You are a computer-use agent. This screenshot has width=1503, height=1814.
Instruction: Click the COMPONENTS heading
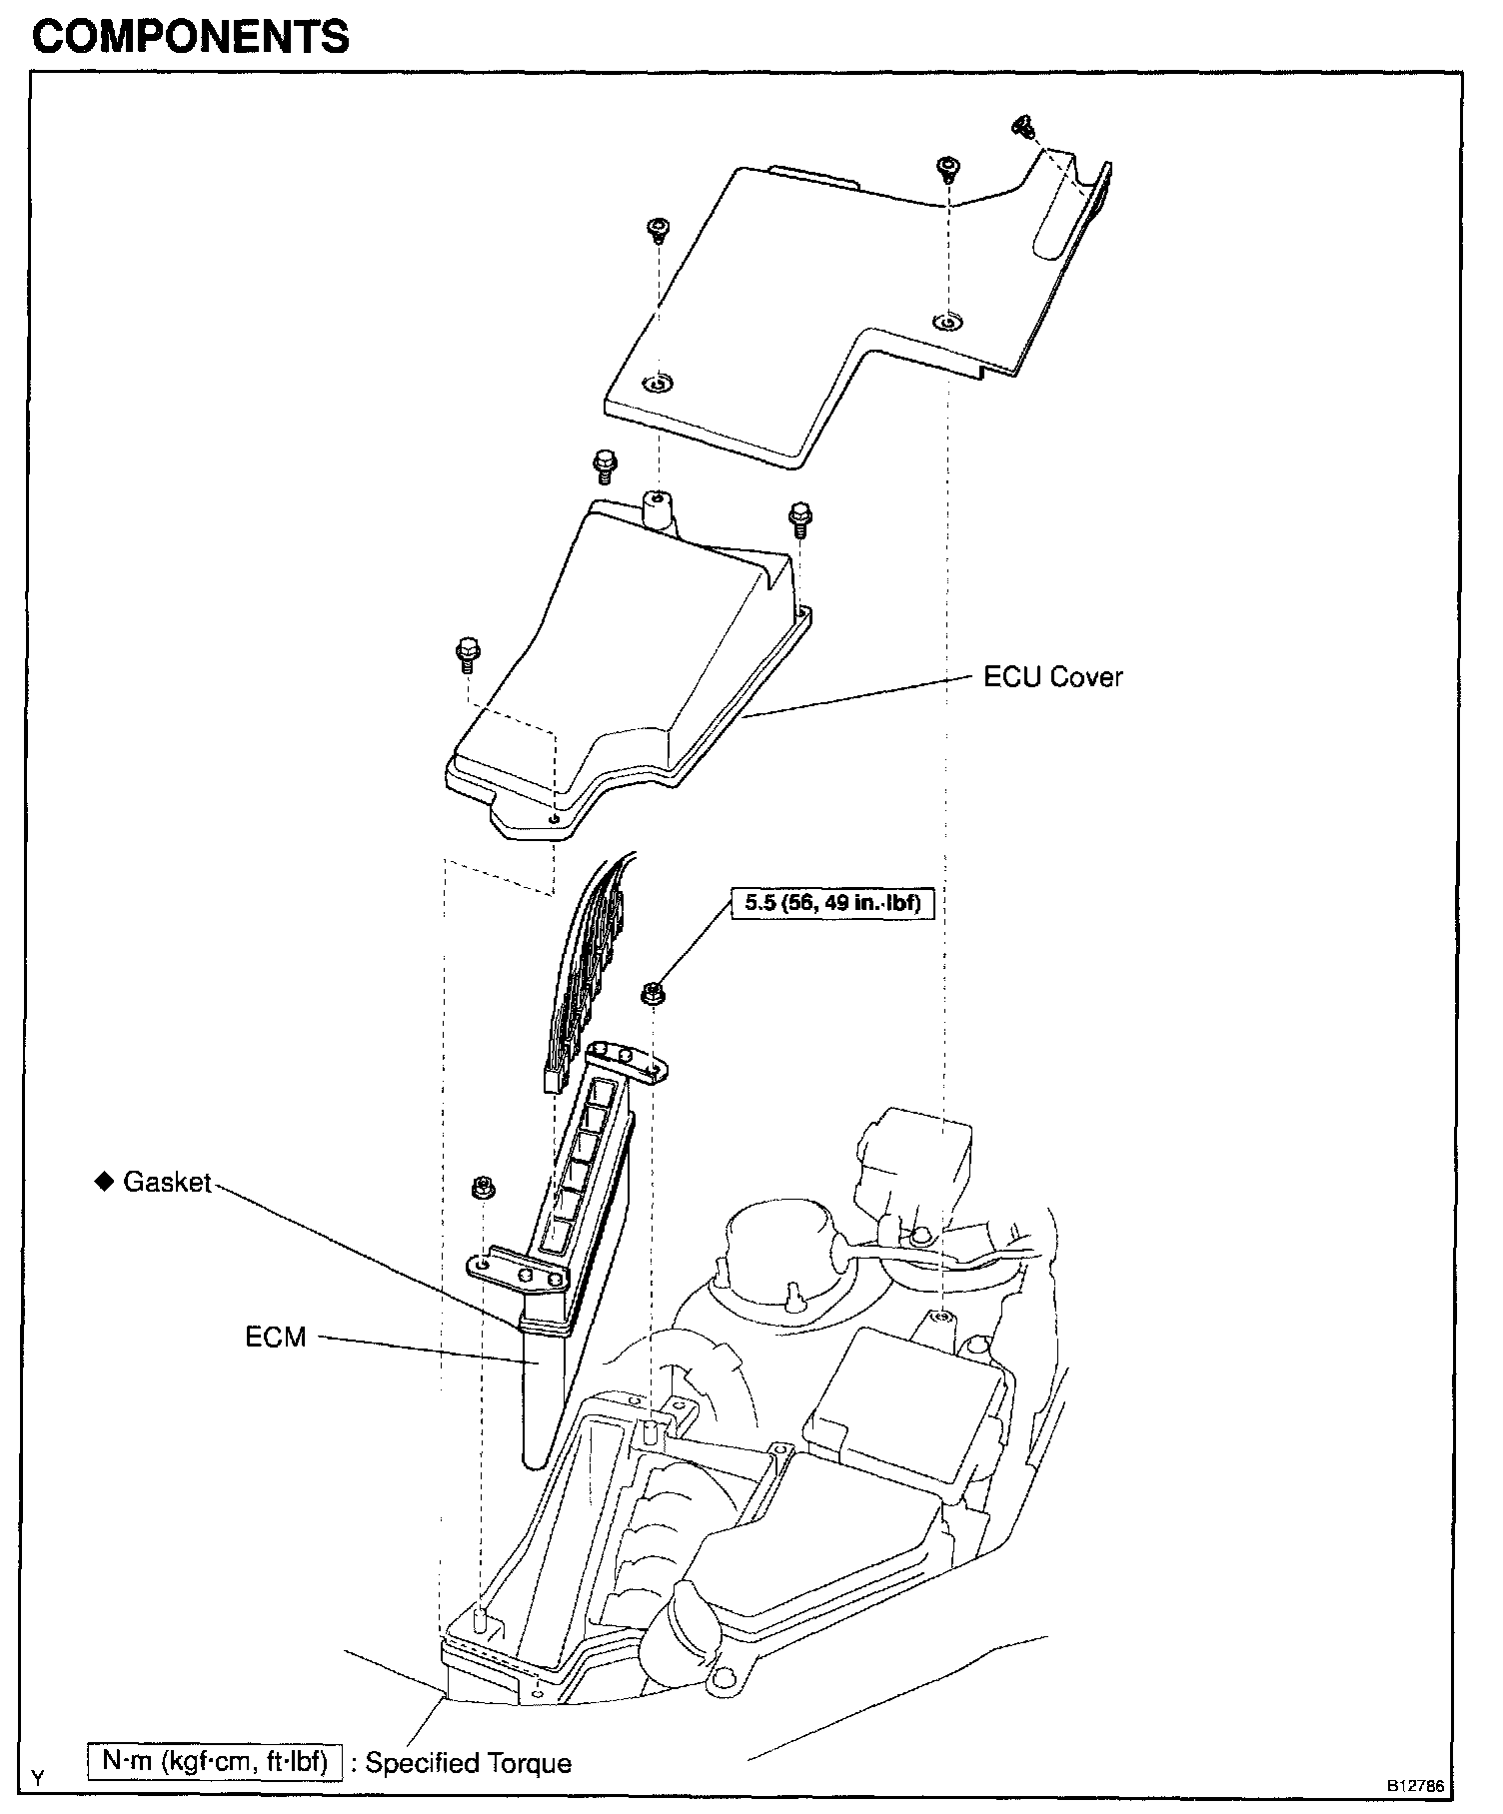(191, 37)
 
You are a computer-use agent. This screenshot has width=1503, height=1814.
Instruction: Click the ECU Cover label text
(1052, 677)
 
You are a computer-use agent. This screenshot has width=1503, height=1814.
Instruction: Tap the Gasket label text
(167, 1183)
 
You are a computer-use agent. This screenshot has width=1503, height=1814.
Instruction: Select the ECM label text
(276, 1337)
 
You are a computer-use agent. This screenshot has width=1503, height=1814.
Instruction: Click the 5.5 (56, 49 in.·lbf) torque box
(832, 904)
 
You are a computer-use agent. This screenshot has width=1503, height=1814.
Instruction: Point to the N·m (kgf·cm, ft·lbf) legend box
(215, 1760)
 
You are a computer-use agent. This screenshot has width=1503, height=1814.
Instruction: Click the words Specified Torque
(468, 1763)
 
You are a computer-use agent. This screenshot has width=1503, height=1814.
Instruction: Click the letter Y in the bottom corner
(37, 1778)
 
